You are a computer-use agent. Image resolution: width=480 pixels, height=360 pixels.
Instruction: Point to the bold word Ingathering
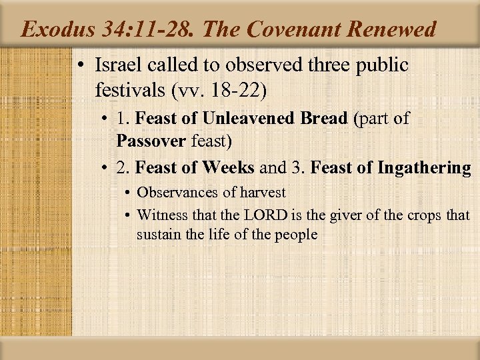[x=424, y=167]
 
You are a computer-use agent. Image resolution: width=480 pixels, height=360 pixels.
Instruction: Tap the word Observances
[x=174, y=192]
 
